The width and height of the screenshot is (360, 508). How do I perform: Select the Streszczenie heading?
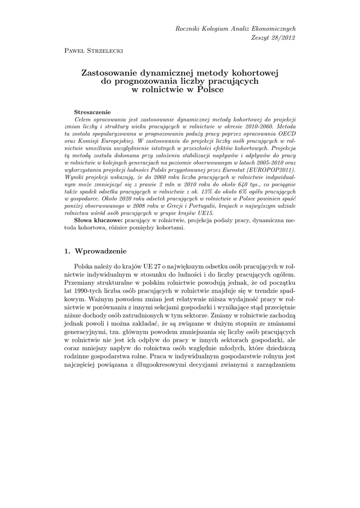pyautogui.click(x=92, y=112)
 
